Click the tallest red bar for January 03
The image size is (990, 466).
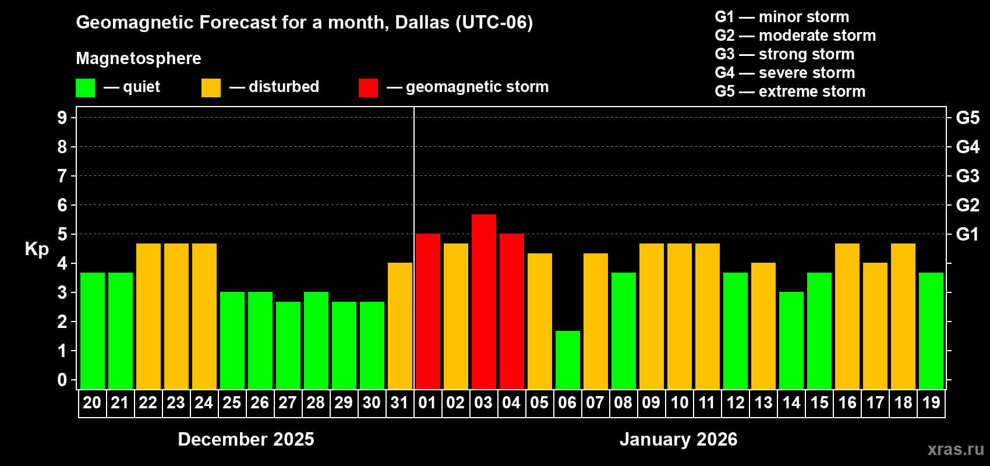[484, 302]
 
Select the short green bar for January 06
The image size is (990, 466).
[568, 360]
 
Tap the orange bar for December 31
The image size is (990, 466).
[400, 326]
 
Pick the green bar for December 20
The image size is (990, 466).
[93, 331]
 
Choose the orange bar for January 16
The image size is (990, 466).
[847, 316]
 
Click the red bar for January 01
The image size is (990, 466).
[428, 312]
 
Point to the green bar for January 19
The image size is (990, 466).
[931, 331]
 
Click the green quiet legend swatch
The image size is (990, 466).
[86, 88]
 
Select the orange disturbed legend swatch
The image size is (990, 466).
[211, 88]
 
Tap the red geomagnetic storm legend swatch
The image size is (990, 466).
[368, 88]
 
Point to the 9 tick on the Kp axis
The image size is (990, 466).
[62, 118]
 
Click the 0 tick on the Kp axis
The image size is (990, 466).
[62, 380]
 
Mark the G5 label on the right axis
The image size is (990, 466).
[967, 118]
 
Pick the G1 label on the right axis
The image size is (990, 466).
[967, 234]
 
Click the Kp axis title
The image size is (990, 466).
[37, 249]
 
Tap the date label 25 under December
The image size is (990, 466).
[232, 403]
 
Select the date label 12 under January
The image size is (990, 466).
[736, 403]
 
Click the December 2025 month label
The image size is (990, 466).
[246, 439]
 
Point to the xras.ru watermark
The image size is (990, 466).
[956, 449]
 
